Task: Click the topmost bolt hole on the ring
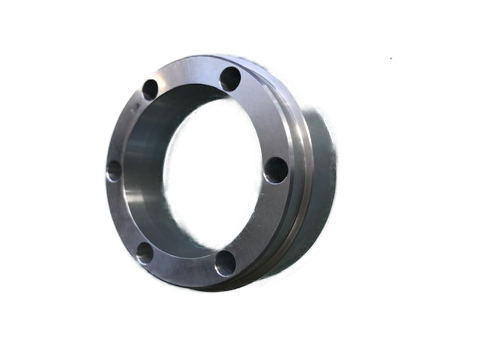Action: [230, 78]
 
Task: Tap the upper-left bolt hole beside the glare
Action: [150, 90]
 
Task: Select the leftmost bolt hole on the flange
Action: [114, 171]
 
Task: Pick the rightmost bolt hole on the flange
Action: [276, 169]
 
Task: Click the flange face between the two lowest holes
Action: [184, 271]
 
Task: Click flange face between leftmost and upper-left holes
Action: [124, 127]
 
